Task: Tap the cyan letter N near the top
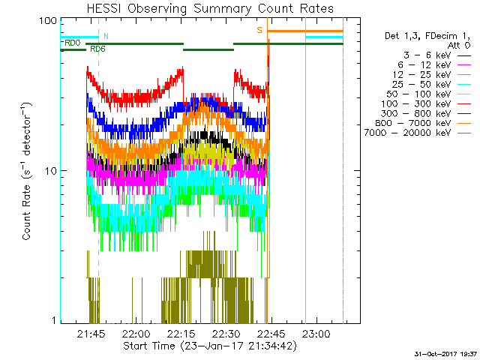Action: coord(106,36)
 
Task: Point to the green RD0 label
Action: coord(73,43)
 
